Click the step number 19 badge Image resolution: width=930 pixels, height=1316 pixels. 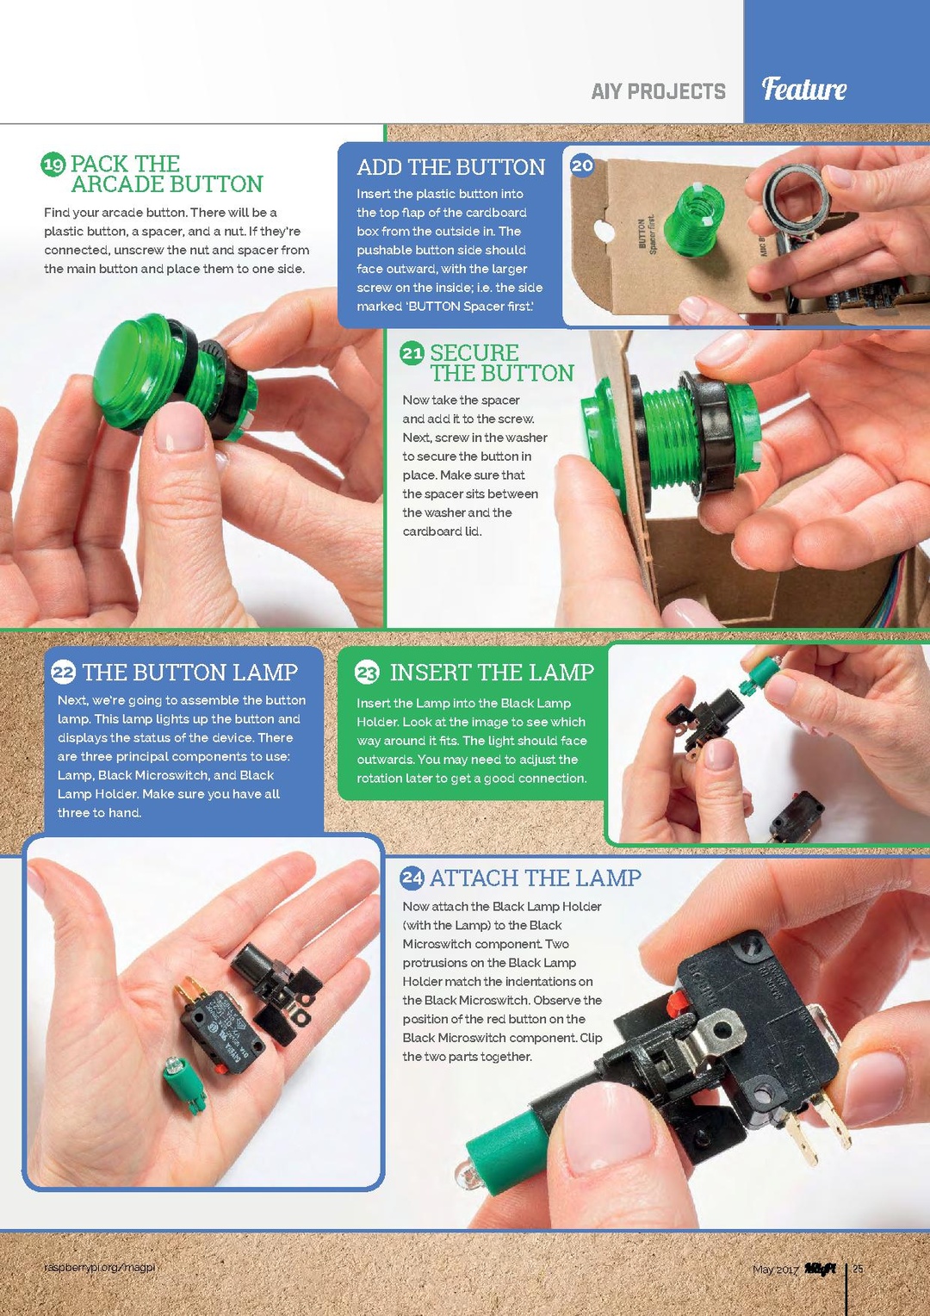[x=53, y=164]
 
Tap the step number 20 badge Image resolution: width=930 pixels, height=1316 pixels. [x=581, y=165]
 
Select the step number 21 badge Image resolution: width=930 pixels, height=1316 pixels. [x=412, y=353]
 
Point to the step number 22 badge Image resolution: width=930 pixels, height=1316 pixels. [x=64, y=672]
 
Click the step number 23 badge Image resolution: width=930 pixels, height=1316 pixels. [x=367, y=672]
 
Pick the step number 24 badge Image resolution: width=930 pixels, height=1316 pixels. [x=412, y=878]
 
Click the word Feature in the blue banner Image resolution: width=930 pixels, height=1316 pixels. [x=803, y=90]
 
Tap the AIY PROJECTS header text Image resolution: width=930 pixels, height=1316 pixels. [x=659, y=91]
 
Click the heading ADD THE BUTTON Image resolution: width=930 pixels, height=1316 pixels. [x=451, y=167]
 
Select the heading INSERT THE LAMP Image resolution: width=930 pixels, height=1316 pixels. [x=492, y=672]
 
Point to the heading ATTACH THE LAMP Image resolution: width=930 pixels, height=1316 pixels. [x=536, y=878]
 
